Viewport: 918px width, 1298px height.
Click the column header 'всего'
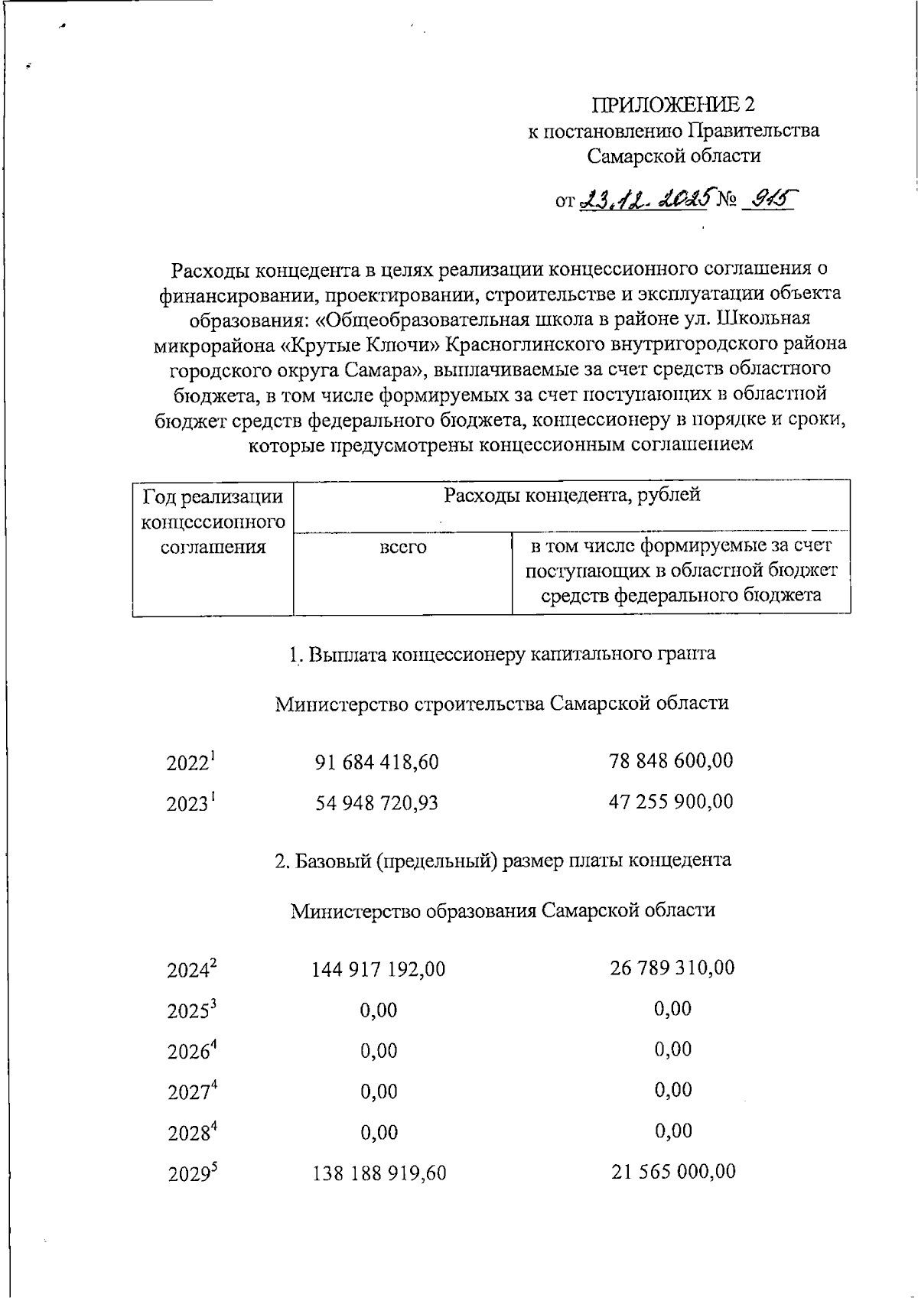(x=403, y=548)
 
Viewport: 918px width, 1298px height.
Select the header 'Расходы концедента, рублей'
(x=571, y=496)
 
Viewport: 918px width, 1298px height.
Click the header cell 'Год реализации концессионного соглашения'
(x=213, y=522)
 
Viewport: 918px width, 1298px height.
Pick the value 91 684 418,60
(x=377, y=763)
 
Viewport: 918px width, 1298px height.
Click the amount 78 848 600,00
(x=671, y=761)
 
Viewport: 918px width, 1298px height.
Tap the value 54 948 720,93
(x=377, y=803)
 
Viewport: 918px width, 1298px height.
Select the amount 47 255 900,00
(x=671, y=802)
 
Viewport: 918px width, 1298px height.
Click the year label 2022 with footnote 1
(x=190, y=763)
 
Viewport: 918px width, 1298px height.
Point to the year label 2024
(x=191, y=969)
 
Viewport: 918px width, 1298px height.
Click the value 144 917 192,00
(x=378, y=970)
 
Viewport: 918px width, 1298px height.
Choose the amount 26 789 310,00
(x=672, y=968)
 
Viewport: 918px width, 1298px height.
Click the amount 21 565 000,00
(x=673, y=1171)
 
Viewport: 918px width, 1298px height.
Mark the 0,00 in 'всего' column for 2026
(x=379, y=1051)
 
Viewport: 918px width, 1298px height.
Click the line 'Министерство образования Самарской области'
(x=503, y=910)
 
